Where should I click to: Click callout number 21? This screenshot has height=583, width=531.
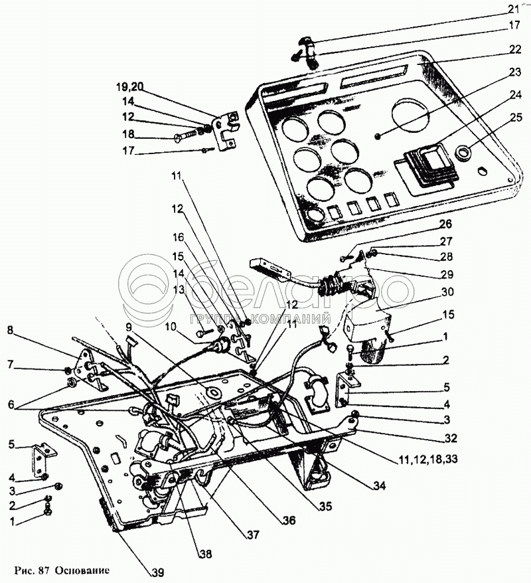click(514, 8)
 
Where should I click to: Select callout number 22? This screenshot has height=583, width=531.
click(515, 50)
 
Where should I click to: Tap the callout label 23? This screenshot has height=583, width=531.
click(515, 72)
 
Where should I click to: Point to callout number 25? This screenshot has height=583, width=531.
click(516, 118)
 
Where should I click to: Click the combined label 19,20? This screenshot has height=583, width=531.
click(128, 88)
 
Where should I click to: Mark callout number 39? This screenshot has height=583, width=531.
click(157, 572)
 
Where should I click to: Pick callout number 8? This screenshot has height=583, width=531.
click(11, 330)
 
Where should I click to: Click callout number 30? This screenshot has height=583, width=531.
click(448, 291)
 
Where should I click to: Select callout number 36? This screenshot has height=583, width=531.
click(288, 520)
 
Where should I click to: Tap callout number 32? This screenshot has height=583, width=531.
click(451, 438)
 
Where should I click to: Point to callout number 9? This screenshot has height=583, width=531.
click(128, 327)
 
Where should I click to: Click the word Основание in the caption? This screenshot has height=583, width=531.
click(83, 571)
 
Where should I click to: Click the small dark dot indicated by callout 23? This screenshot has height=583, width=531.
click(378, 137)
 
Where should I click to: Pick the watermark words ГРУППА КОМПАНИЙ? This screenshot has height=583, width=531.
click(260, 319)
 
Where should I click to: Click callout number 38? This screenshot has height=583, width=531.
click(204, 553)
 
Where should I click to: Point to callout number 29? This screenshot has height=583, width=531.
click(447, 274)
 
